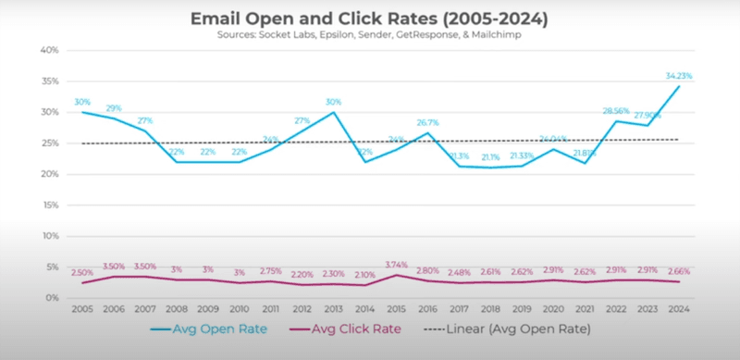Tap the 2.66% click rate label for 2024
point(679,269)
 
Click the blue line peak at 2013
point(335,113)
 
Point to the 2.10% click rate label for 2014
point(365,275)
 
